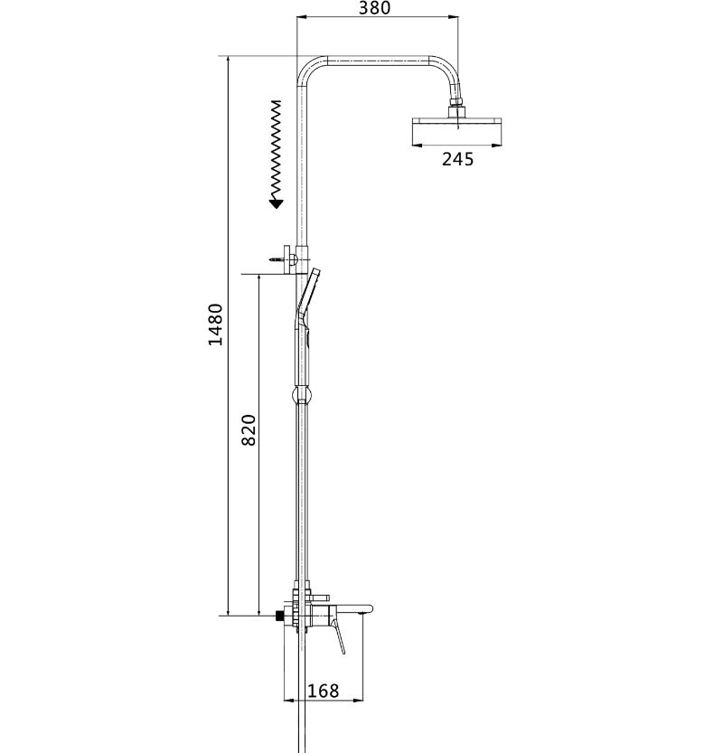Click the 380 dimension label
(x=374, y=7)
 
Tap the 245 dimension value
(x=457, y=159)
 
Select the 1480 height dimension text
(x=216, y=325)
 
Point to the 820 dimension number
(x=249, y=430)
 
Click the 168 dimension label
(x=324, y=691)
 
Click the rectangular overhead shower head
(x=456, y=130)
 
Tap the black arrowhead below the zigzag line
(x=276, y=204)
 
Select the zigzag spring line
(x=276, y=149)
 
